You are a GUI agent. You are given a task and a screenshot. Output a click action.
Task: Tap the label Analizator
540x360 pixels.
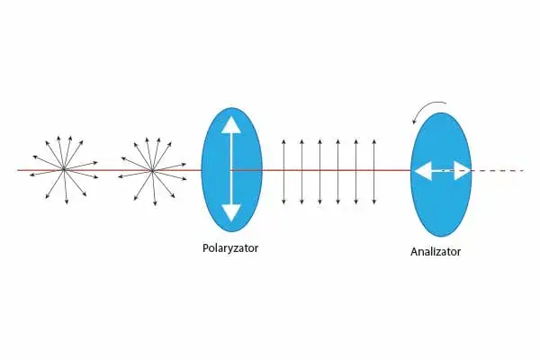(x=435, y=251)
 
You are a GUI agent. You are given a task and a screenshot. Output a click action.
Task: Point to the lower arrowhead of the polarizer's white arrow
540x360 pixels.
(x=231, y=212)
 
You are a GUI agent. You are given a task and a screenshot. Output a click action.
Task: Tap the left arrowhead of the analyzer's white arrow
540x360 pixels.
(x=418, y=169)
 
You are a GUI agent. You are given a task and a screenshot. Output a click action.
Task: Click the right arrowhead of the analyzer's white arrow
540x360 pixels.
(x=463, y=169)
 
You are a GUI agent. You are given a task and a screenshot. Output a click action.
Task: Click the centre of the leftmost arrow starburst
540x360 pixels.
(x=64, y=169)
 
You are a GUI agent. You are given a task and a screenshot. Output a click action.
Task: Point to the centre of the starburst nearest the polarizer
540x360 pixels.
(x=152, y=169)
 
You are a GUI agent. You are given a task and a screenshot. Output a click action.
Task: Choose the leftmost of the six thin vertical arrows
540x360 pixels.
(x=283, y=170)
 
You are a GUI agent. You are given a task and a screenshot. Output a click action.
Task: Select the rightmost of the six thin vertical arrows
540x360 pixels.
(x=375, y=170)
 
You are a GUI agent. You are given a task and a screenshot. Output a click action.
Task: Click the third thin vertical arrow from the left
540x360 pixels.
(x=319, y=170)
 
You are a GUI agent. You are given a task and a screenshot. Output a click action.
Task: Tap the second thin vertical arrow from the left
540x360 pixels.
(x=301, y=170)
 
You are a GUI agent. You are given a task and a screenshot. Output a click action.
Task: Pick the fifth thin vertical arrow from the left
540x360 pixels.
(x=356, y=170)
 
